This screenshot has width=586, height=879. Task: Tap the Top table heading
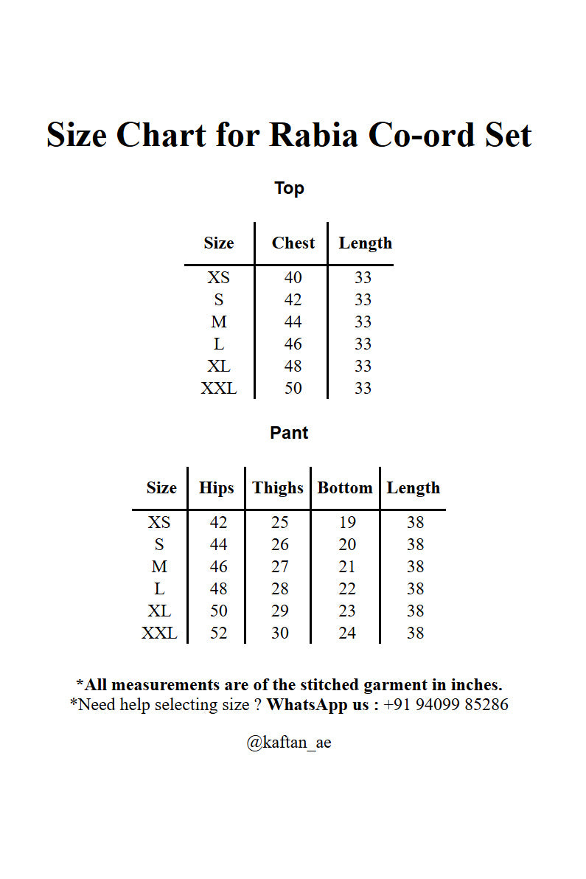pyautogui.click(x=289, y=188)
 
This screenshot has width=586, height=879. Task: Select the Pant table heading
pyautogui.click(x=289, y=433)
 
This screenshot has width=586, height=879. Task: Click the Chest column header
pyautogui.click(x=293, y=243)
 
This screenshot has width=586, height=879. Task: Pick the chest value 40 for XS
pyautogui.click(x=293, y=278)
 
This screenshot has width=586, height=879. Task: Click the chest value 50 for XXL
pyautogui.click(x=293, y=389)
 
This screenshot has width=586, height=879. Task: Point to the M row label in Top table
pyautogui.click(x=219, y=322)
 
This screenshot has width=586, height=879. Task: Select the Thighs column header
pyautogui.click(x=278, y=488)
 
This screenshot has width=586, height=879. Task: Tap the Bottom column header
pyautogui.click(x=345, y=488)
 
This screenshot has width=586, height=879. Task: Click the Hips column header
pyautogui.click(x=216, y=488)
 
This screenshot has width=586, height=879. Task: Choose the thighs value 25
pyautogui.click(x=279, y=523)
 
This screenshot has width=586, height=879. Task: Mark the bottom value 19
pyautogui.click(x=347, y=523)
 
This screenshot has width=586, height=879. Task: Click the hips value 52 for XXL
pyautogui.click(x=218, y=633)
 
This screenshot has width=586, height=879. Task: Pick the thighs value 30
pyautogui.click(x=279, y=633)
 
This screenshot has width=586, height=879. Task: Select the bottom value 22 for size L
pyautogui.click(x=347, y=589)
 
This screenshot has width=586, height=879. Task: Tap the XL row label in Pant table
pyautogui.click(x=159, y=611)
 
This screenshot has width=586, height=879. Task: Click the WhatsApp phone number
pyautogui.click(x=446, y=704)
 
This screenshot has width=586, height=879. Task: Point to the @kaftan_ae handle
pyautogui.click(x=289, y=743)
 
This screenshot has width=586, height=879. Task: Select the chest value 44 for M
pyautogui.click(x=293, y=322)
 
